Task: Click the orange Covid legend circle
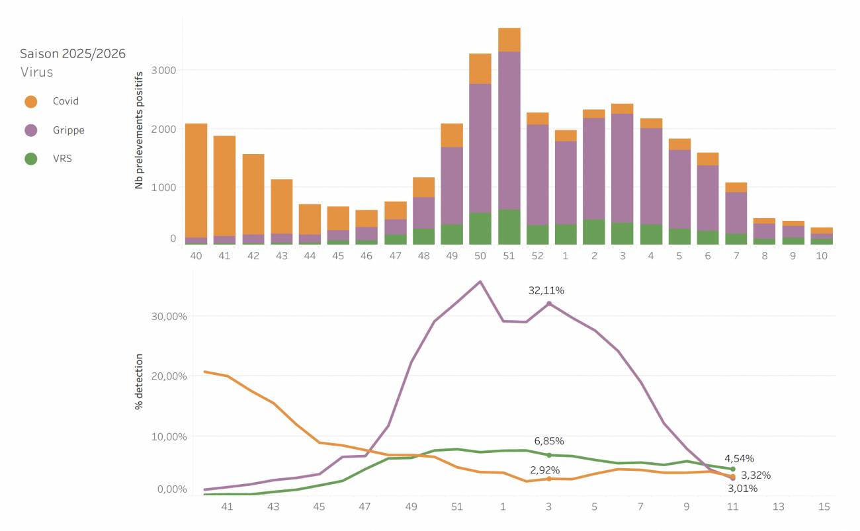coord(30,101)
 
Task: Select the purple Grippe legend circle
coord(30,130)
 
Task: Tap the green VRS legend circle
coord(30,159)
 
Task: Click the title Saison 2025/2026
coord(73,54)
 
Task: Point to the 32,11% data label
coord(546,290)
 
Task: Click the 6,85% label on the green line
coord(549,441)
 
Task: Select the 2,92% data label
coord(545,470)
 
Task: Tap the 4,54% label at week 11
coord(740,458)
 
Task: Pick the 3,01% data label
coord(743,489)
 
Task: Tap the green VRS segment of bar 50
coord(480,228)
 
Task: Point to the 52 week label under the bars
coord(538,256)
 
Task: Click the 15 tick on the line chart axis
coord(824,507)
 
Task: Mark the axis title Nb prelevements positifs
coord(139,131)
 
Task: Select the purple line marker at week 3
coord(549,304)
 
